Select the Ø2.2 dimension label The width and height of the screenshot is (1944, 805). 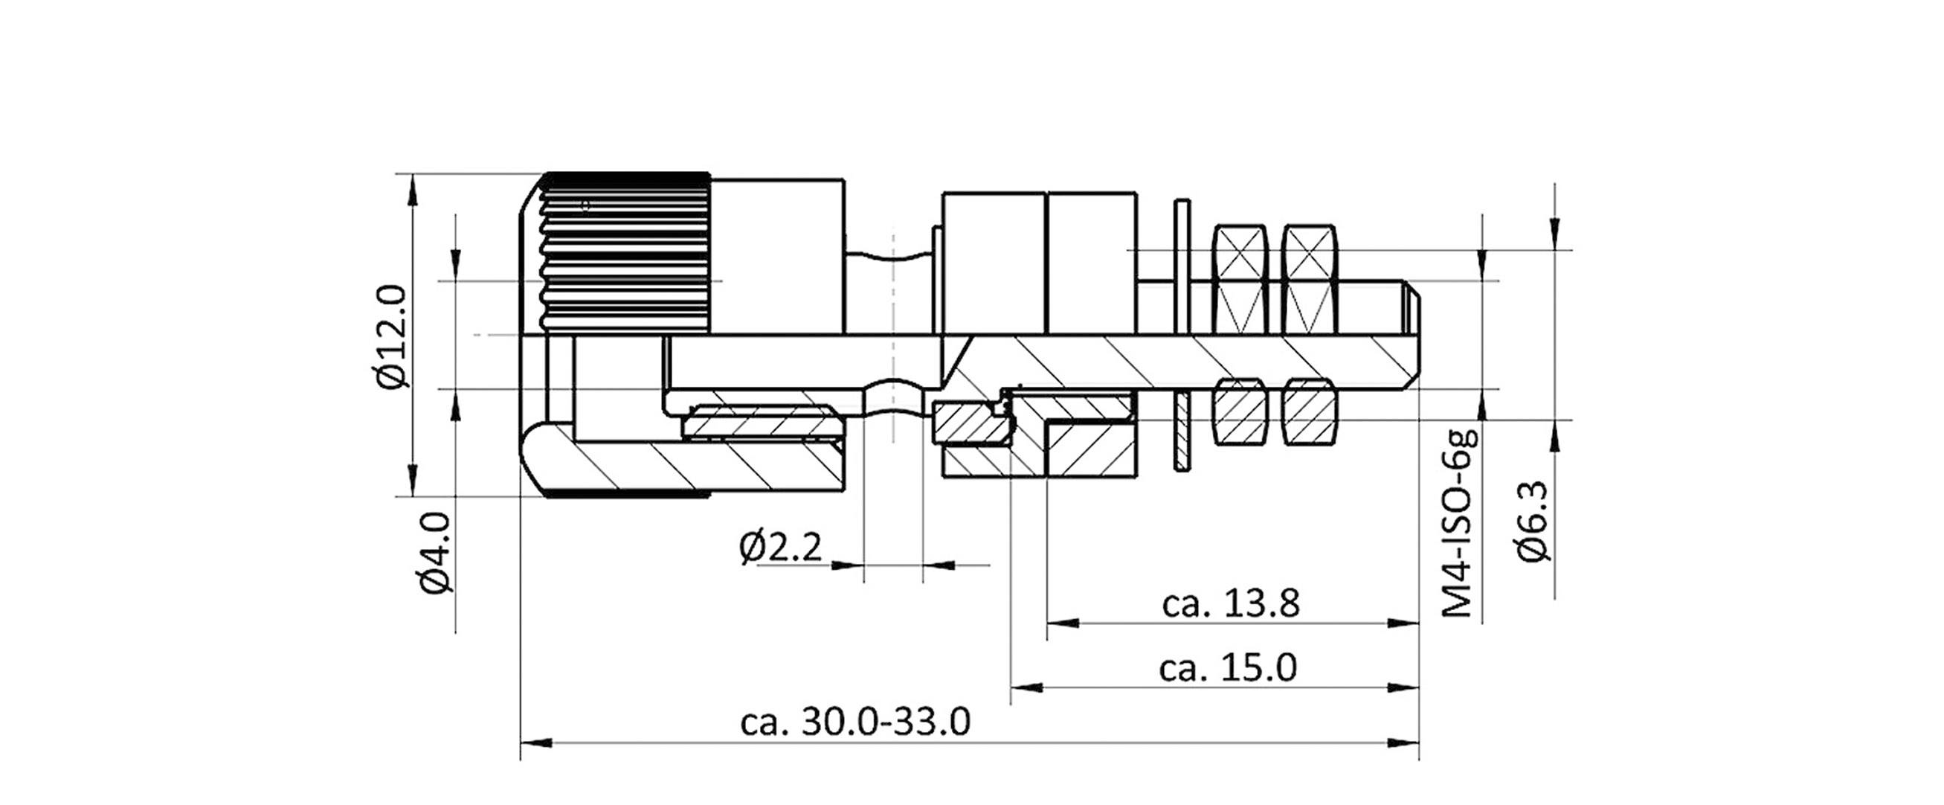tap(779, 547)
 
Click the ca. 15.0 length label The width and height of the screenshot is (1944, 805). tap(1228, 668)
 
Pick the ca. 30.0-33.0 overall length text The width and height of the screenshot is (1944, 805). tap(855, 722)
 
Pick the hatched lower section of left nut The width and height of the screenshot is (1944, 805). tap(1238, 411)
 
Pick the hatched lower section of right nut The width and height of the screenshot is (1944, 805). tap(1310, 411)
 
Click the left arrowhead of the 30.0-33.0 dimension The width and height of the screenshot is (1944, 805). tap(536, 744)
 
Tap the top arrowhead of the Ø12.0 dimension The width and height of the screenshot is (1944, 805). tap(412, 190)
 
